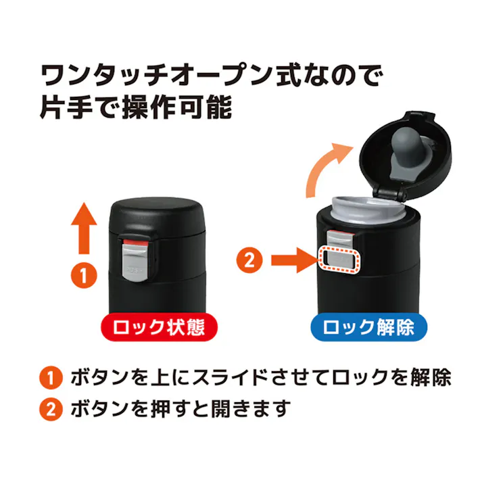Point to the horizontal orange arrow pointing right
pos(291,260)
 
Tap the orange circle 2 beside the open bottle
pos(249,261)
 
